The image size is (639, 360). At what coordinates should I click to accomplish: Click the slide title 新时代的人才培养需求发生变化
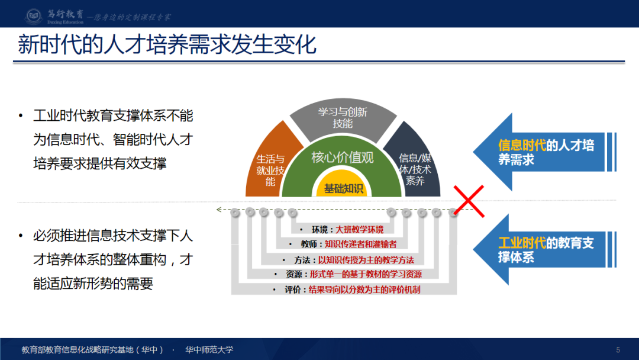coord(167,45)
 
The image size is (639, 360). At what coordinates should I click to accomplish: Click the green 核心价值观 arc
coord(343,157)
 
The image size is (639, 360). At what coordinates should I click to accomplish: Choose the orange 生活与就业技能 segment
coord(269,169)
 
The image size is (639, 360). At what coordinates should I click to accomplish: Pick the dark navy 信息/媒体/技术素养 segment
coord(417,168)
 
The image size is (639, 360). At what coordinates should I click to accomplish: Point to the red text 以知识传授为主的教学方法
coord(366,260)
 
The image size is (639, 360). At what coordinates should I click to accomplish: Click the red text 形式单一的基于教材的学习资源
coord(370,275)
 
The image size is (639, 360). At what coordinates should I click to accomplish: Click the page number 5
coord(618,349)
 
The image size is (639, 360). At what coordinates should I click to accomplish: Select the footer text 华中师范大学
coord(209,349)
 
